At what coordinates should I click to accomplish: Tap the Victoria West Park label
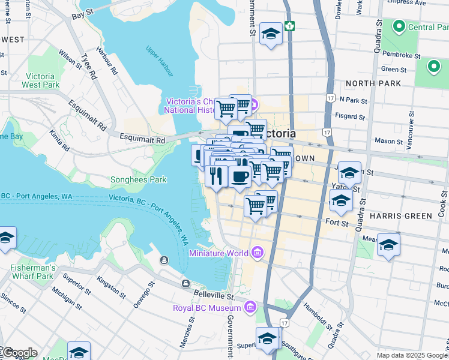[x=41, y=80]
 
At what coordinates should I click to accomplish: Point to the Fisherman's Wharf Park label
[x=33, y=272]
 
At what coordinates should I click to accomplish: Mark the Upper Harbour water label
[x=160, y=61]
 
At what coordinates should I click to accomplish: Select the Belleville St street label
[x=214, y=295]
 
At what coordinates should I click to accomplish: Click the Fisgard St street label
[x=352, y=116]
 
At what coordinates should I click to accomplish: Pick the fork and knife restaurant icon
[x=214, y=176]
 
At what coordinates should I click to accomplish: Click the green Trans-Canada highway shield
[x=290, y=26]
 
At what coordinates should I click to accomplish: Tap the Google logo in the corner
[x=19, y=353]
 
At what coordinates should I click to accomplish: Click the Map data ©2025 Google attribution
[x=412, y=355]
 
